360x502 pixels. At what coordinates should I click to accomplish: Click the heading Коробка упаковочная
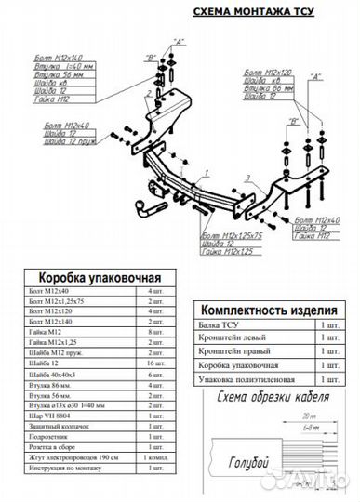tap(100, 277)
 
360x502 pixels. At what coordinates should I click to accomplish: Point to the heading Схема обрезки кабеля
tap(276, 400)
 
